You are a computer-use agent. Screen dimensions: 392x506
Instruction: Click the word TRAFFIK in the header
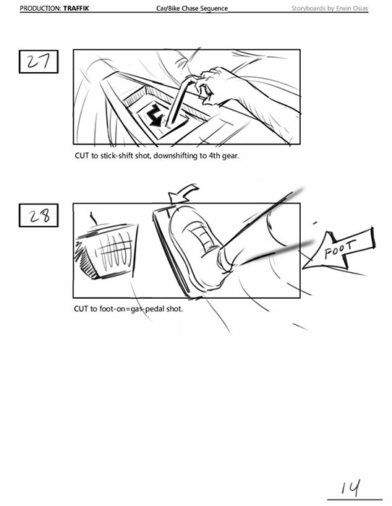click(76, 8)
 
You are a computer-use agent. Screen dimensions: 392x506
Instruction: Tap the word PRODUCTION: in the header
click(41, 8)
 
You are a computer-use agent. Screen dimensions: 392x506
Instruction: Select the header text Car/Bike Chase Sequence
click(192, 8)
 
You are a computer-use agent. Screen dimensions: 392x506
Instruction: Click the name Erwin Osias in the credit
click(352, 8)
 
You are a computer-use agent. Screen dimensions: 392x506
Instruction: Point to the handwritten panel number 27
click(38, 61)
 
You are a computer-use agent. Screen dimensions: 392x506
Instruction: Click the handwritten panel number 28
click(40, 216)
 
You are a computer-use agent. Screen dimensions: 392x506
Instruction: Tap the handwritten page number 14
click(351, 488)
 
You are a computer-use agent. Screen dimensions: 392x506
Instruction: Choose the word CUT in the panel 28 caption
click(81, 309)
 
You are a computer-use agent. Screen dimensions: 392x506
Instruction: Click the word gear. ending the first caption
click(230, 157)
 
